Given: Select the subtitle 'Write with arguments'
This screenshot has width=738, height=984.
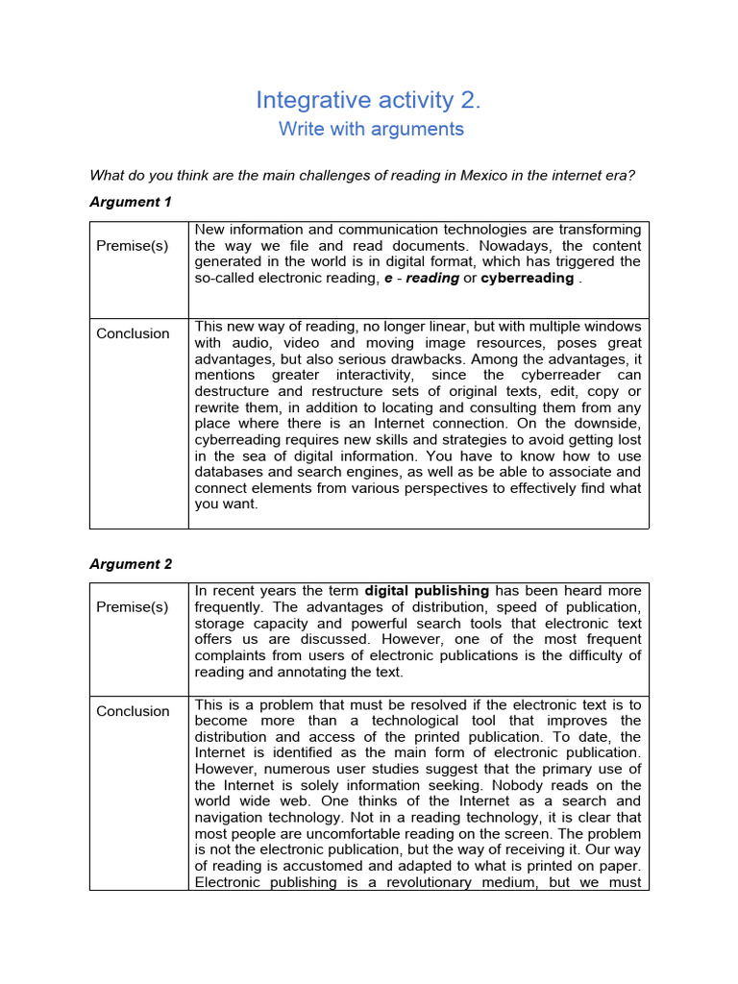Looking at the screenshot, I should tap(371, 129).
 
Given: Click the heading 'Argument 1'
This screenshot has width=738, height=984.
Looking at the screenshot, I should tap(131, 202).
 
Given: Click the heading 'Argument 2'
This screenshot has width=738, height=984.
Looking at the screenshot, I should tap(131, 564).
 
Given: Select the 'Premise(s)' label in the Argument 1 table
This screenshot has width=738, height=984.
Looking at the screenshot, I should tap(133, 245).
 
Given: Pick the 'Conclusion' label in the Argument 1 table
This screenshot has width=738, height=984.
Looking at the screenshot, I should tap(133, 333).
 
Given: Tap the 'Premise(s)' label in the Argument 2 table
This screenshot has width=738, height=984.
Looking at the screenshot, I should tap(133, 606).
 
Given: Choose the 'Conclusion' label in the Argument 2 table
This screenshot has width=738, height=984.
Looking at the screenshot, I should tap(133, 711).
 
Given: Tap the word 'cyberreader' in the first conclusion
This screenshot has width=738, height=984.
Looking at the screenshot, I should tap(568, 375).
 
